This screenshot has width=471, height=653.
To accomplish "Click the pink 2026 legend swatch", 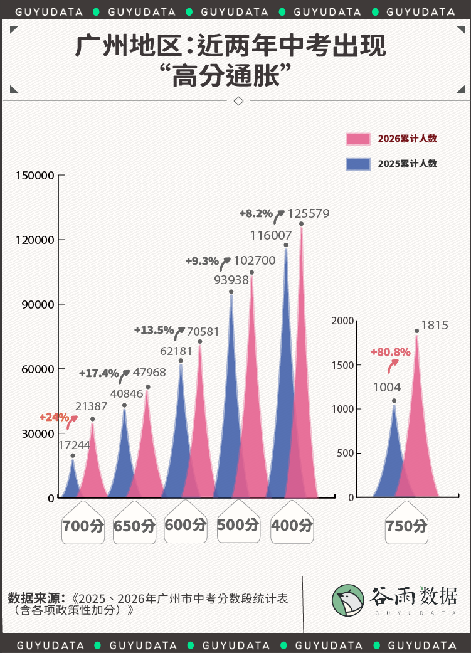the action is tap(357, 139).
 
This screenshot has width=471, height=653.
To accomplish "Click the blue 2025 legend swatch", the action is tap(357, 164).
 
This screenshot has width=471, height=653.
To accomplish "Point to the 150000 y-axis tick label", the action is tap(35, 176).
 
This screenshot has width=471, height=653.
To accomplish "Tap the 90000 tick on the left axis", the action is tap(38, 304).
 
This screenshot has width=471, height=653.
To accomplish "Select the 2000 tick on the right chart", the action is tap(342, 321).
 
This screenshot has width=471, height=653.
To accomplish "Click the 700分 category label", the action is tap(83, 526).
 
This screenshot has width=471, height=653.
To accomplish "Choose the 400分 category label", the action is tap(292, 525).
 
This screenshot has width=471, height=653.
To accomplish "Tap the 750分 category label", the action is tap(406, 526).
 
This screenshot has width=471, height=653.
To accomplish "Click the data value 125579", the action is tap(308, 214).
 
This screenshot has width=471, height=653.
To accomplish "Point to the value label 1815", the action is tap(435, 326).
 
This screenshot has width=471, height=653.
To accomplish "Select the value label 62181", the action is tap(176, 351).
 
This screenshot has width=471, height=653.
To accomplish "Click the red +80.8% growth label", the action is tap(391, 352).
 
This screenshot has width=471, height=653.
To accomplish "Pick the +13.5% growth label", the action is tap(154, 330).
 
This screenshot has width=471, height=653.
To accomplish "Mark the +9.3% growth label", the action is tap(202, 261).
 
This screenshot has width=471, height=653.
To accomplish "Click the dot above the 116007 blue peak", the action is tap(286, 245).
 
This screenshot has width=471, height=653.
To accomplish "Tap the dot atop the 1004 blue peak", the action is tap(394, 401).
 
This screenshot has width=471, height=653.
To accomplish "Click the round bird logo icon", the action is tap(347, 600).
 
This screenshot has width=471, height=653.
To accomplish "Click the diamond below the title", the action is tap(238, 101).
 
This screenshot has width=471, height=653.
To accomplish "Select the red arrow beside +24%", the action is tap(71, 422).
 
